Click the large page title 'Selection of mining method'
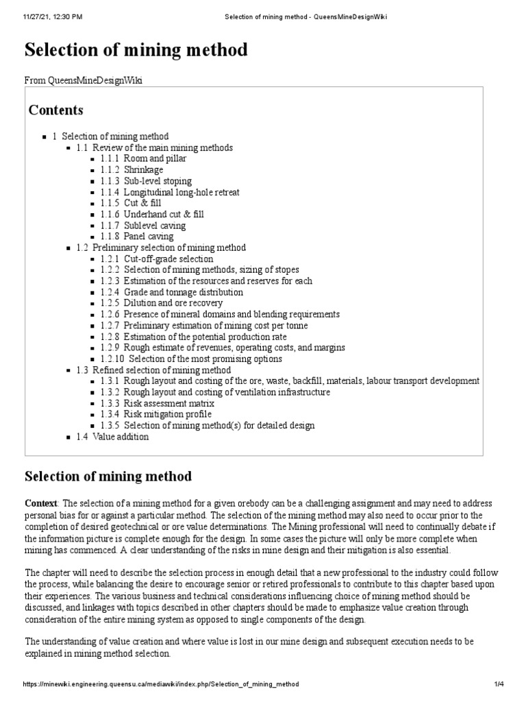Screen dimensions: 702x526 [x=136, y=50]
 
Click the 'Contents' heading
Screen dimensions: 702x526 [x=56, y=110]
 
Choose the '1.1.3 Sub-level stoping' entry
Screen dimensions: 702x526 [x=145, y=181]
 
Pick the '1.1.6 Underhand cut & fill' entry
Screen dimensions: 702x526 [x=151, y=214]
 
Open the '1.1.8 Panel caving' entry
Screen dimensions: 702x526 [x=136, y=237]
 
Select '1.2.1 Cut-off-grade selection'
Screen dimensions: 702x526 [x=156, y=258]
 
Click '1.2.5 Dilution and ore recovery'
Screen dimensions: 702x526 [x=161, y=303]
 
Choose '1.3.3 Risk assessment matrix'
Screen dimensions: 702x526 [x=157, y=403]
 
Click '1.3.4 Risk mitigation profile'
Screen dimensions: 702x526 [x=155, y=414]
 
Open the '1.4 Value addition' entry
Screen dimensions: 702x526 [x=112, y=437]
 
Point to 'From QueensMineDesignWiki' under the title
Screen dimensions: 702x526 [x=84, y=81]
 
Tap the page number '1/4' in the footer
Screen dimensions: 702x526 [x=498, y=684]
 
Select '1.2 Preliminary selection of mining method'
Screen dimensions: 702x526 [x=161, y=247]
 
